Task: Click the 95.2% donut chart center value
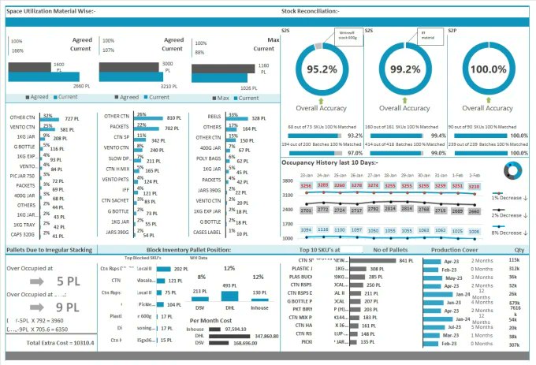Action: pyautogui.click(x=321, y=69)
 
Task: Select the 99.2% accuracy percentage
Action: pyautogui.click(x=404, y=69)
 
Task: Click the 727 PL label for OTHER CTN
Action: pyautogui.click(x=72, y=118)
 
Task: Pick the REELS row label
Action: pyautogui.click(x=211, y=116)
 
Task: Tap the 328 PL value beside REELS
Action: pyautogui.click(x=259, y=118)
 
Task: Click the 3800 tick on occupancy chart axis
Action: pyautogui.click(x=288, y=181)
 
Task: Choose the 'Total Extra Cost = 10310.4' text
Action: pyautogui.click(x=60, y=344)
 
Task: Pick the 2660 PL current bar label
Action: pyautogui.click(x=82, y=84)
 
